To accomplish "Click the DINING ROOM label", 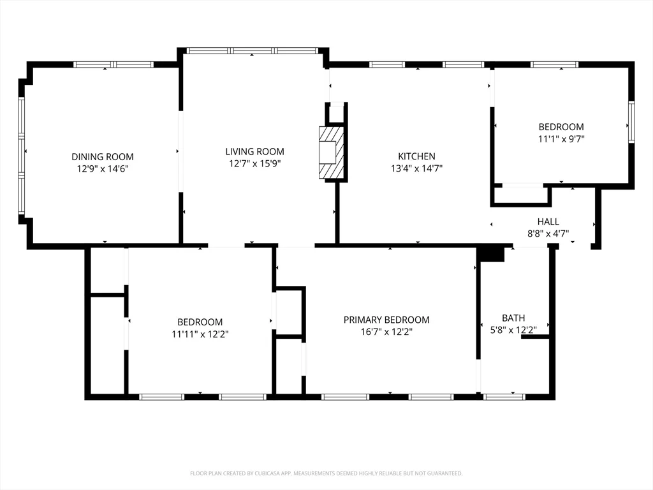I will tap(102, 156).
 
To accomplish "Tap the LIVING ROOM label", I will tap(254, 151).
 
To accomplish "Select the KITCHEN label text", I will tap(416, 156).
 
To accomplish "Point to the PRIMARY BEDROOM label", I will tap(386, 320).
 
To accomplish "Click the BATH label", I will tap(513, 318).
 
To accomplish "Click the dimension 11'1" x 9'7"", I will tap(561, 138).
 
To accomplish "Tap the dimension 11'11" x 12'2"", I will tap(200, 334).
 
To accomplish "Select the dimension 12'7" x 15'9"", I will tap(254, 163).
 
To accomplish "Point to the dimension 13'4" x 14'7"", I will tap(416, 168).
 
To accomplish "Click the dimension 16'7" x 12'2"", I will tap(386, 332).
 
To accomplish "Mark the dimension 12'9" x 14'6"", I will tap(102, 168).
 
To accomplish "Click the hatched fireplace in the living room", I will tap(331, 153).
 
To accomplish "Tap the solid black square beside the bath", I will tap(491, 254).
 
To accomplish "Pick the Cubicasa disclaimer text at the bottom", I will tap(326, 473).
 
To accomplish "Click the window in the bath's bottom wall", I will tap(504, 397).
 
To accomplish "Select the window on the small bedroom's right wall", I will tap(631, 122).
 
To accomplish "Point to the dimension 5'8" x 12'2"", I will tap(513, 330).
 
